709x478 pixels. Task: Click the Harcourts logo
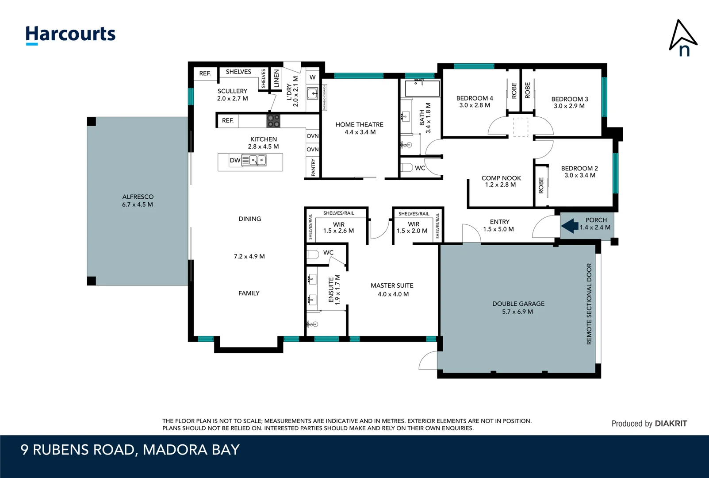pyautogui.click(x=70, y=35)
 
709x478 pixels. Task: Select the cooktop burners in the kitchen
pyautogui.click(x=273, y=121)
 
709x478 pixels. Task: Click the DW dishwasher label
pyautogui.click(x=235, y=160)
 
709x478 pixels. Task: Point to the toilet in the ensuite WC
pyautogui.click(x=313, y=254)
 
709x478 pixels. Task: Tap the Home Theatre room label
pyautogui.click(x=359, y=128)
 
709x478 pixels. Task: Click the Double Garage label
pyautogui.click(x=518, y=308)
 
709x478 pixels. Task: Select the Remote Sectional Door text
pyautogui.click(x=589, y=304)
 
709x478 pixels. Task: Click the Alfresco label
pyautogui.click(x=138, y=200)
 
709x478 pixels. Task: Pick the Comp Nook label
pyautogui.click(x=501, y=181)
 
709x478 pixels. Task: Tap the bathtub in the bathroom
pyautogui.click(x=422, y=88)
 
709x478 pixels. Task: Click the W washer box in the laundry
pyautogui.click(x=312, y=77)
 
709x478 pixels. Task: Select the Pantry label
pyautogui.click(x=313, y=168)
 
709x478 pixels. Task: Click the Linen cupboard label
pyautogui.click(x=276, y=79)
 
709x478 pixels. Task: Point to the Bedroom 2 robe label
pyautogui.click(x=541, y=185)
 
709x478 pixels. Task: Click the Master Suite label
pyautogui.click(x=392, y=289)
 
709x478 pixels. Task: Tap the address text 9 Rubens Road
pyautogui.click(x=130, y=450)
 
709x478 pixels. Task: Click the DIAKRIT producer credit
pyautogui.click(x=649, y=424)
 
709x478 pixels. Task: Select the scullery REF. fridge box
pyautogui.click(x=205, y=73)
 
